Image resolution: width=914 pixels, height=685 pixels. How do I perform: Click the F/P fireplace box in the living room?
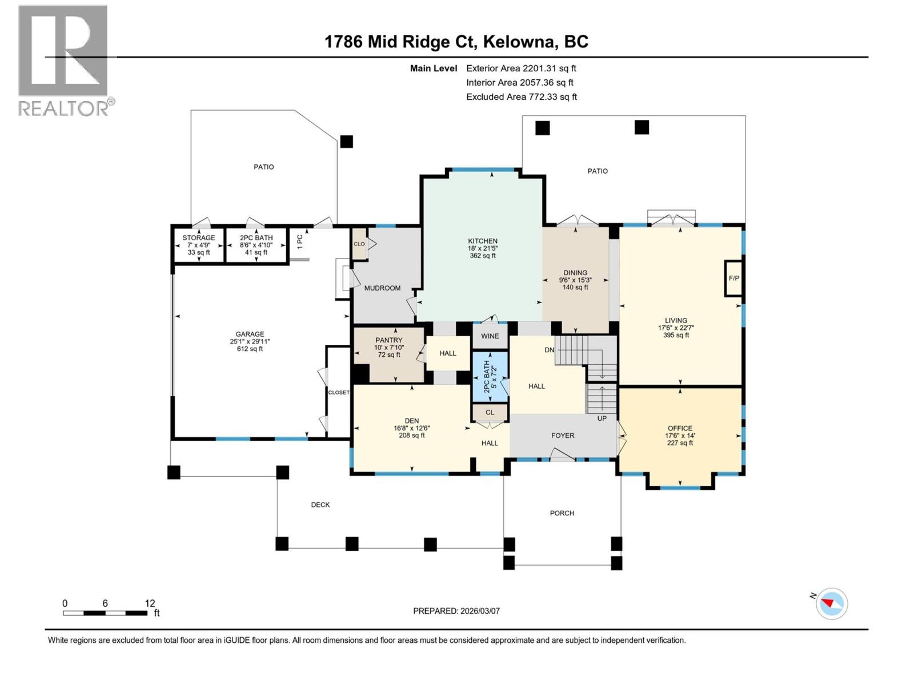click(x=733, y=279)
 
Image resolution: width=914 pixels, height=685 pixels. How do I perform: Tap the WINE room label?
click(x=490, y=336)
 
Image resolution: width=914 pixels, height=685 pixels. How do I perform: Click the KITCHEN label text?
click(x=483, y=241)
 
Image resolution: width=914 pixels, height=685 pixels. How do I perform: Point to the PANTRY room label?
click(x=388, y=340)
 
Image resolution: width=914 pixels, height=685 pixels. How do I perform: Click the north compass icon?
click(x=831, y=603)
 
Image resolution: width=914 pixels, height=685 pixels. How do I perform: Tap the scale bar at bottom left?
click(x=105, y=613)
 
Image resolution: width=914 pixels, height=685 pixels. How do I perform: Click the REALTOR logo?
click(x=64, y=61)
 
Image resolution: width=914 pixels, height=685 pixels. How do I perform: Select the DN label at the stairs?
click(x=549, y=350)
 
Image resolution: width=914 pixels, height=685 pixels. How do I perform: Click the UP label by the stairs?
click(x=602, y=418)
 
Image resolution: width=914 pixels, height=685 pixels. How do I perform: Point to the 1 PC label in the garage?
click(x=300, y=241)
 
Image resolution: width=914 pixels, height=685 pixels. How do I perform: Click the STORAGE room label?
click(x=199, y=238)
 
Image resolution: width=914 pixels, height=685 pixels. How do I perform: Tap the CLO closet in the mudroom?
click(x=359, y=244)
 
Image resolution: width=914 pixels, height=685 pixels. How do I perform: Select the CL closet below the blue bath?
click(x=490, y=412)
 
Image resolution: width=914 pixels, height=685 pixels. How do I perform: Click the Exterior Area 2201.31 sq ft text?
click(x=521, y=68)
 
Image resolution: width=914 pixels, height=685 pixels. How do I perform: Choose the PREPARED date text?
click(x=456, y=611)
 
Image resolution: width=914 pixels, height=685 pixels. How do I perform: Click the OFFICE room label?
click(x=680, y=428)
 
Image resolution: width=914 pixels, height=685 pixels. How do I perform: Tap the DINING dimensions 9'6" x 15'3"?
click(x=575, y=280)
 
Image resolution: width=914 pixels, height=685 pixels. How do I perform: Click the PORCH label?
click(x=562, y=513)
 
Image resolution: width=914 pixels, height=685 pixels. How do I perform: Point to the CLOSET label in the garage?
click(x=338, y=393)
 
